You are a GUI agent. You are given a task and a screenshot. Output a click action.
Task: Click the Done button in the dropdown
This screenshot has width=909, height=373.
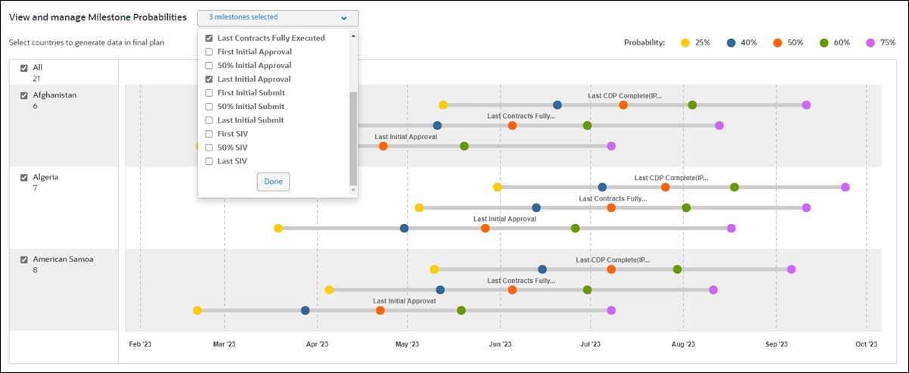tap(273, 182)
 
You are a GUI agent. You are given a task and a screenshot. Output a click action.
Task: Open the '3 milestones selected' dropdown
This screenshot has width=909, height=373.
tap(278, 17)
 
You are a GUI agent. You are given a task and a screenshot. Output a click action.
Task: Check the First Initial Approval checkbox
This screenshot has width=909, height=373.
tap(209, 51)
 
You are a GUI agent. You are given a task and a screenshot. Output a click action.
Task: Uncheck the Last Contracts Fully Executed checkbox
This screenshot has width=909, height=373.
tap(209, 38)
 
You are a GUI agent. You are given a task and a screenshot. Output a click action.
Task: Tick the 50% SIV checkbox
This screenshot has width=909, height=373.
tap(209, 148)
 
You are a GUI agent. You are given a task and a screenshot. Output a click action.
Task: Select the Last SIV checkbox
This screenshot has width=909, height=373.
tap(209, 161)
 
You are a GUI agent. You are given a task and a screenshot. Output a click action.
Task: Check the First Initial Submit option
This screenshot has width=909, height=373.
tap(209, 92)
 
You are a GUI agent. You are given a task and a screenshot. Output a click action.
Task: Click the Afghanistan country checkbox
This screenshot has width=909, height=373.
tap(24, 95)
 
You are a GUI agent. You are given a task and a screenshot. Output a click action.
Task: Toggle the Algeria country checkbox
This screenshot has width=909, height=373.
tap(24, 177)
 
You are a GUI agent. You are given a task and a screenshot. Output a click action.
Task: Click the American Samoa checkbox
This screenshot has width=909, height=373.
tap(24, 259)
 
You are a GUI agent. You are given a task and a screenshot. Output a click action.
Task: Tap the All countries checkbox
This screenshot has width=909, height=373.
tap(24, 68)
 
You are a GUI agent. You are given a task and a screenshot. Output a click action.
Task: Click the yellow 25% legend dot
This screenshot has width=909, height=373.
tap(685, 42)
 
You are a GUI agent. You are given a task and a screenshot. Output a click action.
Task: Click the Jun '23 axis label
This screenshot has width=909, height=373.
tap(500, 343)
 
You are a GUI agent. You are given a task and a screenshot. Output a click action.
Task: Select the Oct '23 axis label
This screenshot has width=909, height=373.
tap(866, 343)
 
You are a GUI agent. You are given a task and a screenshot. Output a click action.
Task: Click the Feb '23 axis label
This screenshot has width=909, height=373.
tap(140, 343)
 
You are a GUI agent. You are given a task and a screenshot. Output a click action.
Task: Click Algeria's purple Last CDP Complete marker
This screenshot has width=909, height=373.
tap(845, 187)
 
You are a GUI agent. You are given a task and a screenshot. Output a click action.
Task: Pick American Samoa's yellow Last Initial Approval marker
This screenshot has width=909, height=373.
tap(197, 310)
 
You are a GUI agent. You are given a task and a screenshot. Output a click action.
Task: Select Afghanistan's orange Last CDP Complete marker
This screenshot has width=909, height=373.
tap(623, 105)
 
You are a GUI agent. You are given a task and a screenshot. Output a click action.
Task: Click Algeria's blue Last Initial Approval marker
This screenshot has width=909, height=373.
tap(405, 228)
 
